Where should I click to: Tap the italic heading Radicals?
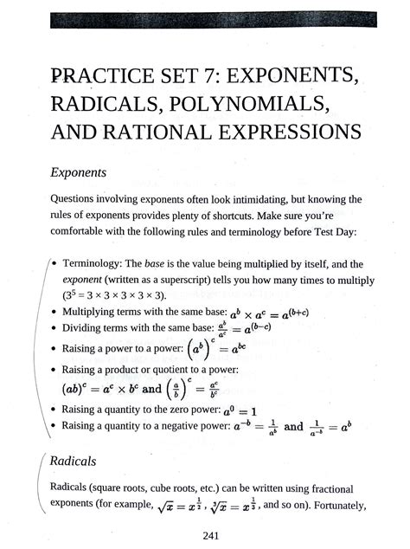[73, 460]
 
